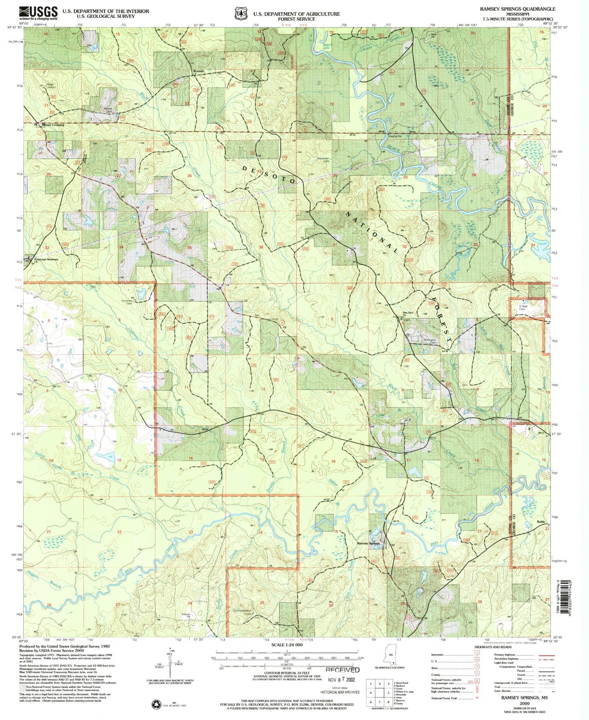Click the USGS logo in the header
point(38,13)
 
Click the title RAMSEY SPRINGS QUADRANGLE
point(517,9)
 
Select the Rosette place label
point(198,71)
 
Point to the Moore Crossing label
point(53,125)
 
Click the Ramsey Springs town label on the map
point(368,543)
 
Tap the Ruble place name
point(541,522)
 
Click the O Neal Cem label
point(522,308)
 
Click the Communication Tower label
point(242,612)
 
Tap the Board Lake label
point(327,46)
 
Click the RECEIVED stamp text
point(342,670)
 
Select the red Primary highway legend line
point(546,655)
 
